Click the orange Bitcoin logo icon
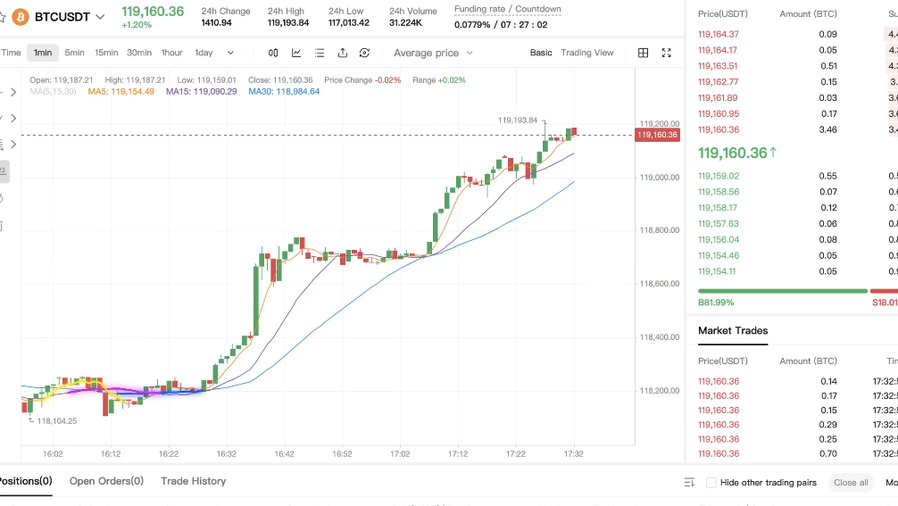tap(20, 17)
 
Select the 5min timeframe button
tap(75, 53)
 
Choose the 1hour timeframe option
tap(171, 53)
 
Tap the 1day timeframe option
tap(204, 53)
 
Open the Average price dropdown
tap(433, 53)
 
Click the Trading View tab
tap(586, 53)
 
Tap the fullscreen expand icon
tap(666, 53)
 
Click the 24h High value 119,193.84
tap(288, 23)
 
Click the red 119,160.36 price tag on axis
tap(657, 135)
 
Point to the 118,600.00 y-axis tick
tap(660, 284)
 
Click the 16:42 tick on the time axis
tap(284, 453)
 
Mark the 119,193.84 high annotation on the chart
tap(518, 120)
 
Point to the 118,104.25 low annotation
tap(56, 420)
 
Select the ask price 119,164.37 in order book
tap(718, 34)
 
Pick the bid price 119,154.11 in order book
tap(717, 271)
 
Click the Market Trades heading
tap(733, 330)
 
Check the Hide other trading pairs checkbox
tap(711, 483)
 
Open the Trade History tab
tap(193, 481)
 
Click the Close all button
tap(851, 483)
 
